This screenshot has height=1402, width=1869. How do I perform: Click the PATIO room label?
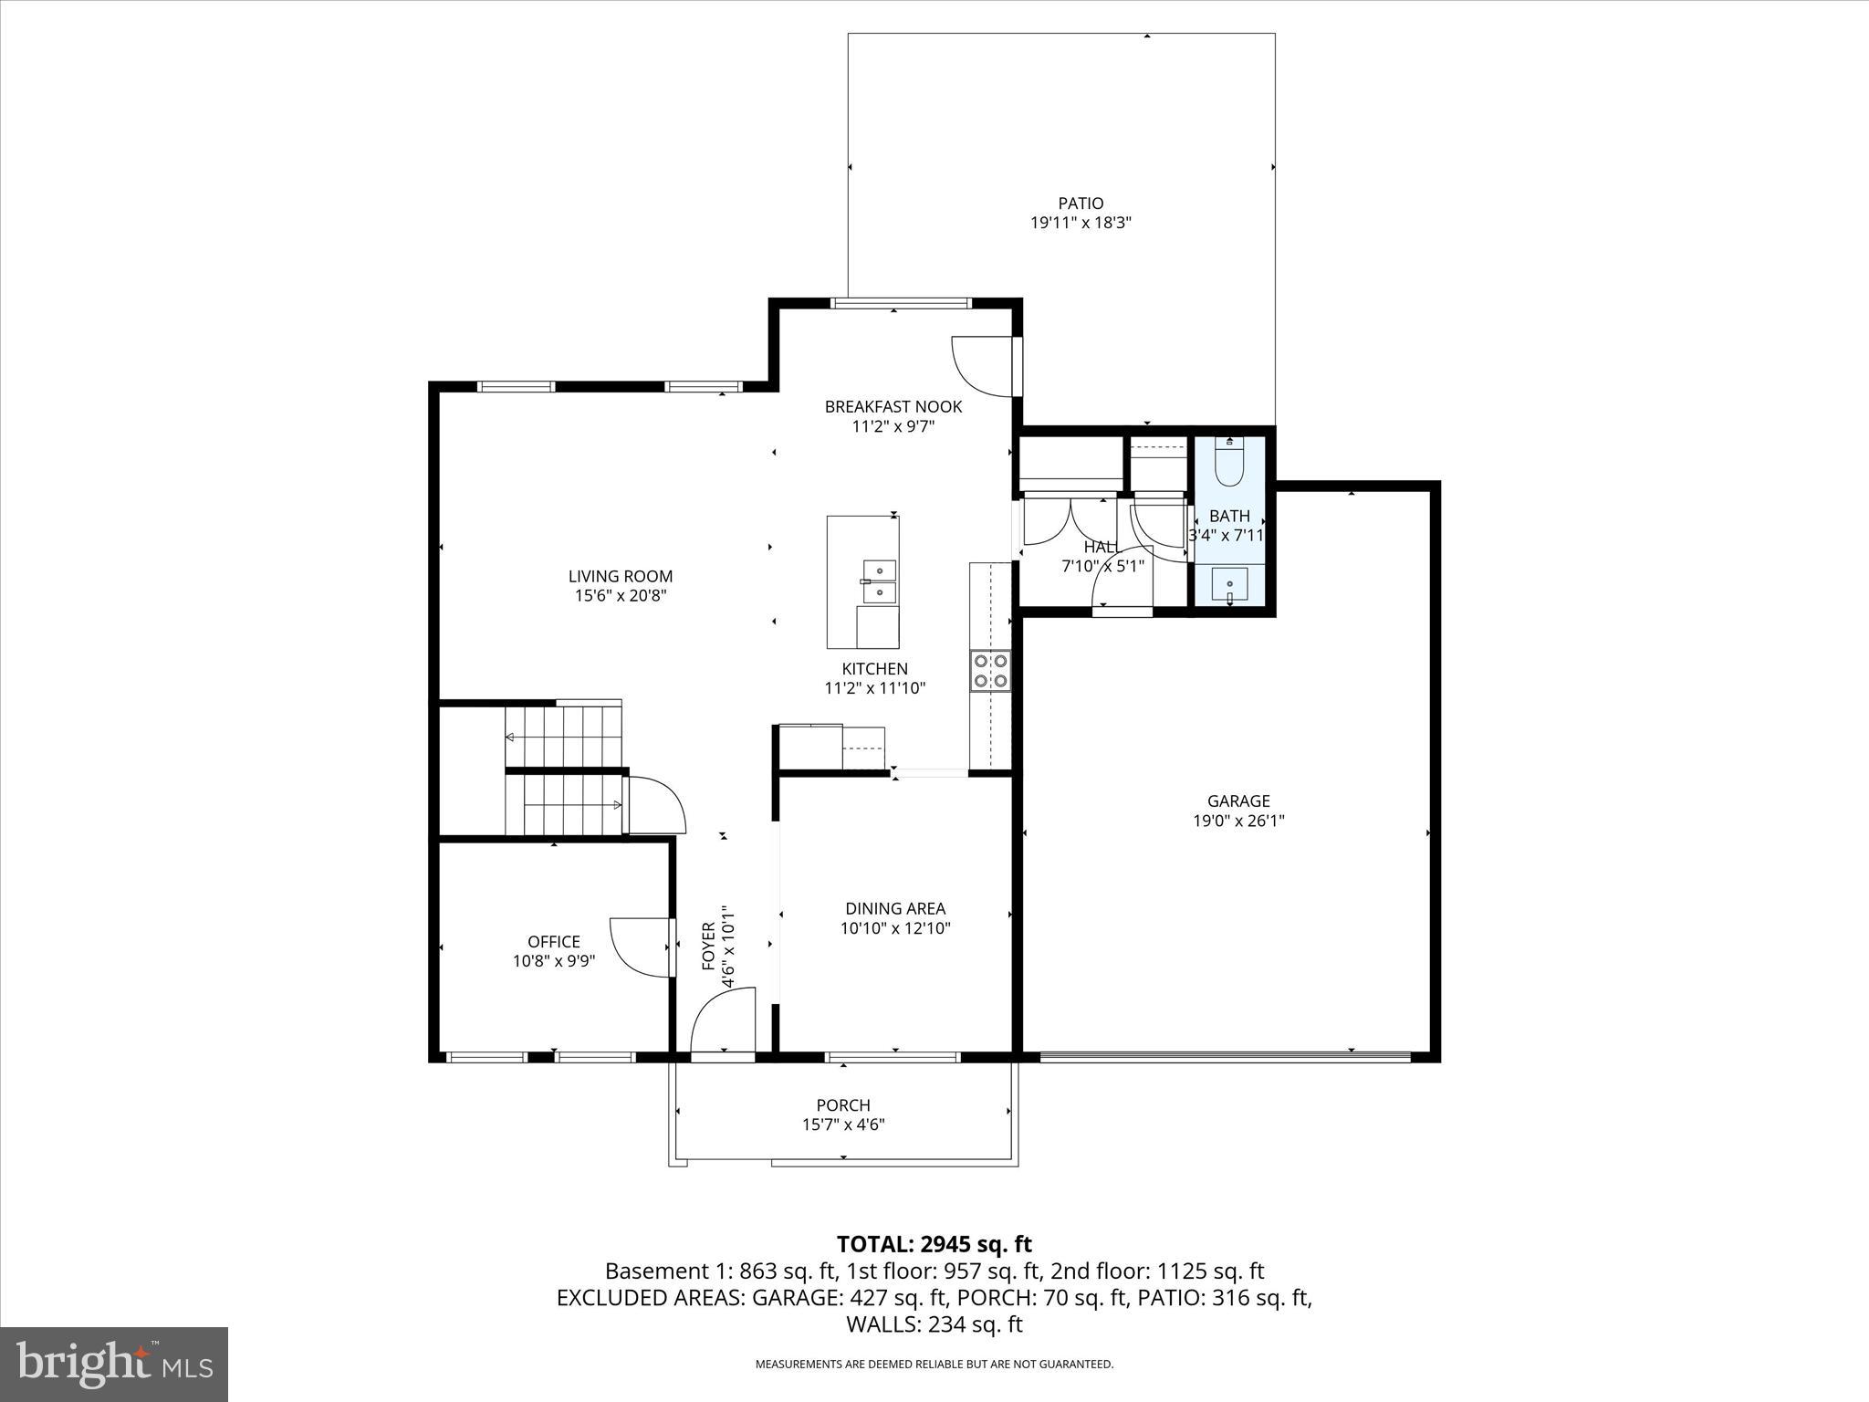coord(1081,204)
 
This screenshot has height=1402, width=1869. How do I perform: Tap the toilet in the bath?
coord(1229,463)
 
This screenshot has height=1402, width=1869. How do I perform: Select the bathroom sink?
coord(1229,584)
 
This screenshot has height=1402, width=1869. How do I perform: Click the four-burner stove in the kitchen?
coord(990,670)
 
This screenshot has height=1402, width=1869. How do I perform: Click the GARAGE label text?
coord(1238,801)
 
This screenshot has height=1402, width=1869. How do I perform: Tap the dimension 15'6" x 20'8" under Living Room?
coord(621,596)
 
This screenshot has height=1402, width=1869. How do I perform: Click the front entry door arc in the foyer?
coord(721,1018)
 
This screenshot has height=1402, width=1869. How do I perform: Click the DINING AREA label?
coord(895,908)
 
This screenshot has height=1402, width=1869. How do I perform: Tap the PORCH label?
coord(843,1105)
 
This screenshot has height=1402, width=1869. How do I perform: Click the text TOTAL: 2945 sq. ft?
coord(934,1244)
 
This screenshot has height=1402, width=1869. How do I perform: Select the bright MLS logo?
coord(114,1365)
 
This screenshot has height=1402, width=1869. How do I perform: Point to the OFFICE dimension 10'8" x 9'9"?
coord(554,961)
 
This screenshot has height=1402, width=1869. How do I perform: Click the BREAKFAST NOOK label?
coord(893,406)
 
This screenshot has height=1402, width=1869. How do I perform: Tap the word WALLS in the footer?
coord(876,1324)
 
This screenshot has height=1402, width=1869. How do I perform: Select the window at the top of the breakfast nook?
coord(899,303)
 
